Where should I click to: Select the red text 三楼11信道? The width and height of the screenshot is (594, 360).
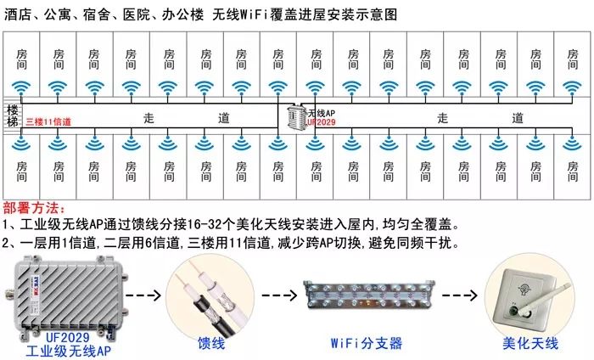[x=48, y=122]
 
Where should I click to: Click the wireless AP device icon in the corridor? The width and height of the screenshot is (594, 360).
[x=294, y=118]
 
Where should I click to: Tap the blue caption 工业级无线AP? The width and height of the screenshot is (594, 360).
[x=67, y=349]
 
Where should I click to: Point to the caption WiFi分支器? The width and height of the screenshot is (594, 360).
[x=366, y=344]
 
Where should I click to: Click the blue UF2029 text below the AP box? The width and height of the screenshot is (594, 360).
[x=67, y=335]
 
